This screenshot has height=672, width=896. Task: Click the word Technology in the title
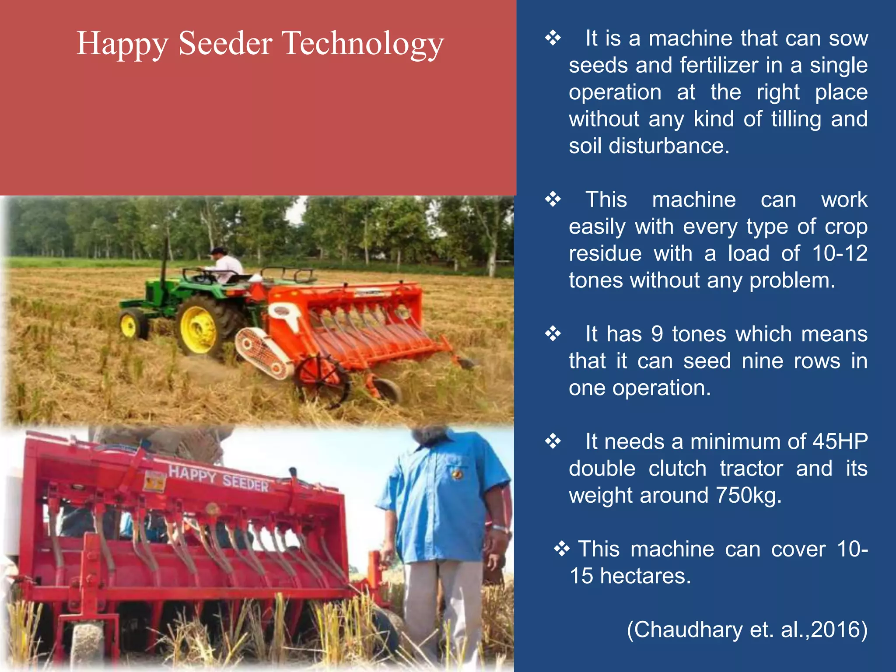[363, 44]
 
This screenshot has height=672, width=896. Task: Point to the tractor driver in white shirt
[226, 265]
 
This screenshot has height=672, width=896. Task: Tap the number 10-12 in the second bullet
[840, 253]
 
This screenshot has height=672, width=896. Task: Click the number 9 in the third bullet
[657, 334]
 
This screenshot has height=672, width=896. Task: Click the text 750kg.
[749, 496]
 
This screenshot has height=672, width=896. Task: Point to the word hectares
[645, 576]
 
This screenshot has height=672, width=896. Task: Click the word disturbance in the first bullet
[669, 146]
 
